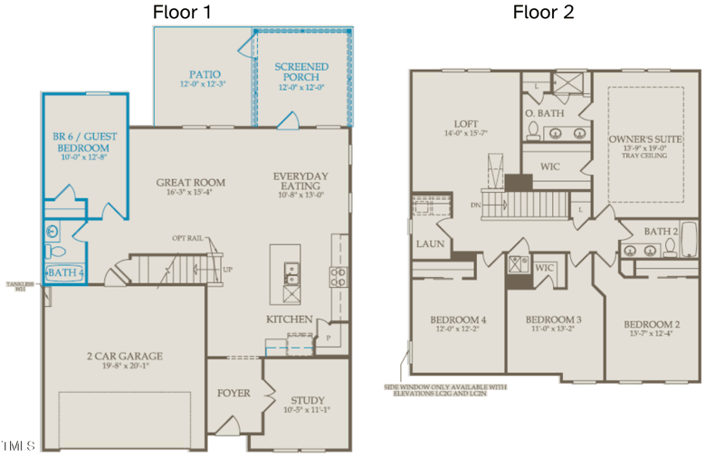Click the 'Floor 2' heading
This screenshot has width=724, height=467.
point(543,12)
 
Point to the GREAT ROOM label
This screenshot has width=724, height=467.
point(190,182)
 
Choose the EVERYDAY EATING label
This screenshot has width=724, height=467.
point(301,181)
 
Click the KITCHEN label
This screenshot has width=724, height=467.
point(289,319)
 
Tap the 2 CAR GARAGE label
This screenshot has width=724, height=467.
point(125,356)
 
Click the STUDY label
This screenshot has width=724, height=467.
point(308,400)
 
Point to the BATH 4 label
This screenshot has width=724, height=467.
point(65,272)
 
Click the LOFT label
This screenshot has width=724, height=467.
point(466,123)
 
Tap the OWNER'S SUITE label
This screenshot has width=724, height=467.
point(644,139)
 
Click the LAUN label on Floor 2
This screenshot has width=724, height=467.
point(428,243)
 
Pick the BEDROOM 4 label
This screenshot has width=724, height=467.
point(459,319)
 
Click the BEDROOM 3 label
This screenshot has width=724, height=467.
point(553,319)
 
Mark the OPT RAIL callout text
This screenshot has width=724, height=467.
point(186,238)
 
